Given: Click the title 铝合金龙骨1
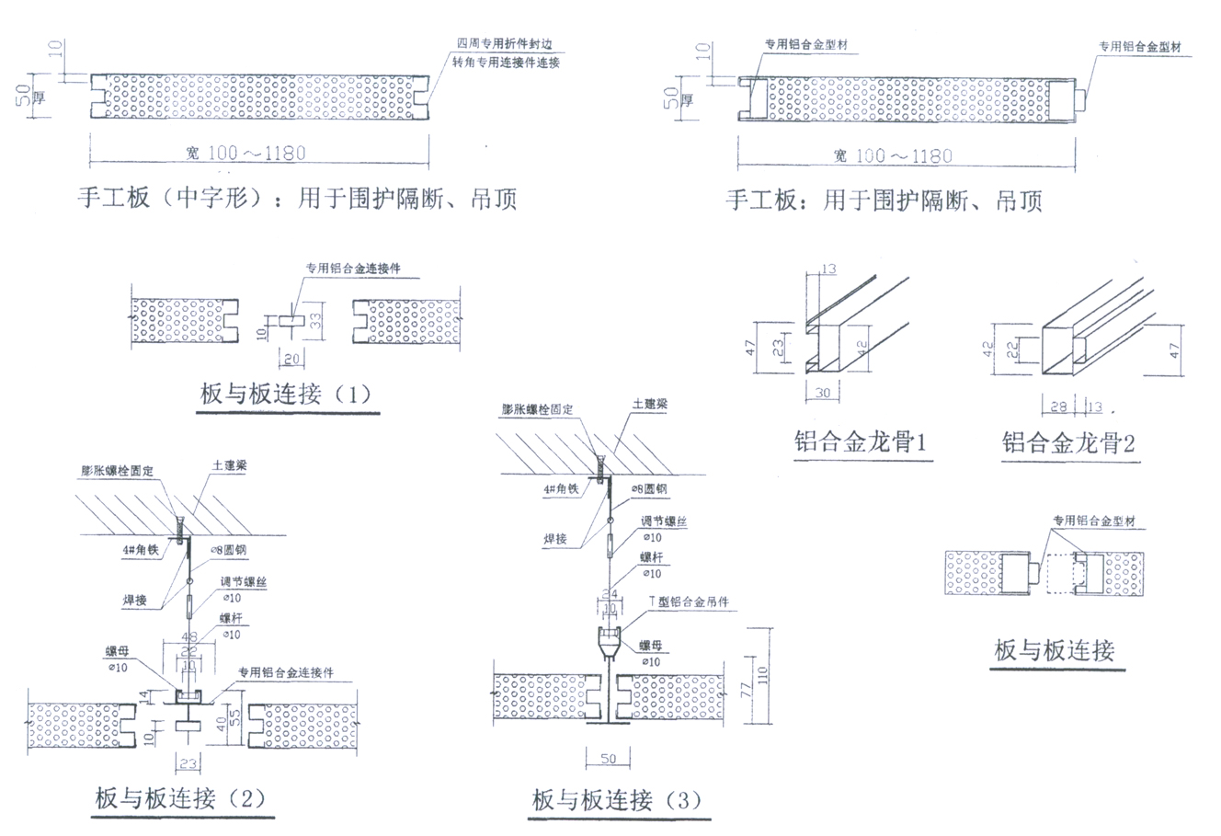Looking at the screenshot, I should pos(862,443).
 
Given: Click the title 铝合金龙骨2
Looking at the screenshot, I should pos(1068,443).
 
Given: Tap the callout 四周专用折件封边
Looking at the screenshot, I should pos(508,44).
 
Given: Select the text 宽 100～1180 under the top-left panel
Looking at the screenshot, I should pos(247,152).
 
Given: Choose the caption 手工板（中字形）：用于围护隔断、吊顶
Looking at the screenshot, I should pos(296,199).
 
